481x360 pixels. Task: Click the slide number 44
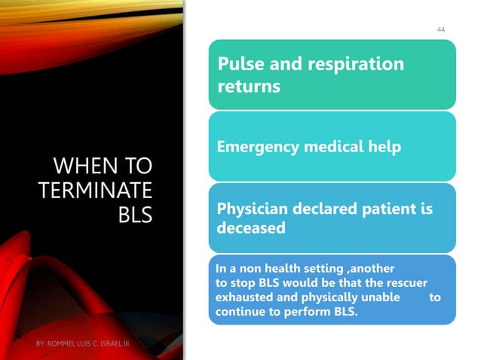pyautogui.click(x=441, y=29)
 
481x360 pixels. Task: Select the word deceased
pyautogui.click(x=252, y=227)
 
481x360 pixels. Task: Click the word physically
pyautogui.click(x=323, y=298)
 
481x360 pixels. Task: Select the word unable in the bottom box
pyautogui.click(x=381, y=298)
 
